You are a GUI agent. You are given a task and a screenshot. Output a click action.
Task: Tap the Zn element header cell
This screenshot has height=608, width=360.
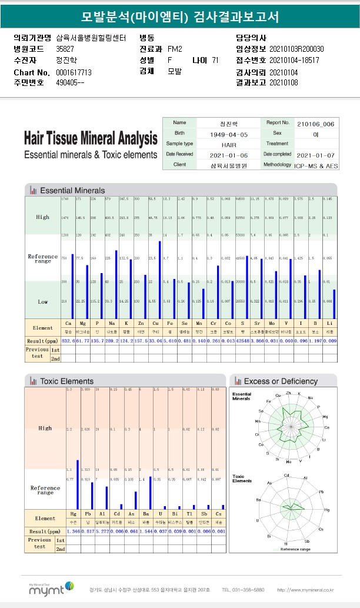[138, 324]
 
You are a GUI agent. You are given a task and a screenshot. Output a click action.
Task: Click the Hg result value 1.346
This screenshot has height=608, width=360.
[73, 531]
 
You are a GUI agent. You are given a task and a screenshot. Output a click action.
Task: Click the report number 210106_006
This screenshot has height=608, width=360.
[315, 124]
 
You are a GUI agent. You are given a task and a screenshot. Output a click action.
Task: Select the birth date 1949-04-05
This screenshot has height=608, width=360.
[229, 134]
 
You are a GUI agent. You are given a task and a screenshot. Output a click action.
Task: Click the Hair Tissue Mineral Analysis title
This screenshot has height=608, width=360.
[91, 139]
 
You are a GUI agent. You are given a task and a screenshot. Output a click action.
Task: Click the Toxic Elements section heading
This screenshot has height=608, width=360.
[66, 381]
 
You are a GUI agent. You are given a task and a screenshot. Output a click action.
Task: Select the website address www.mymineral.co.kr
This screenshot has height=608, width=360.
[305, 589]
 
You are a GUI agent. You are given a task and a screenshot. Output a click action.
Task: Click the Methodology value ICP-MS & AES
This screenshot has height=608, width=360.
[316, 165]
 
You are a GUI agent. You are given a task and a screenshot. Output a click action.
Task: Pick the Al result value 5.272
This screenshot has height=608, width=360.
[102, 531]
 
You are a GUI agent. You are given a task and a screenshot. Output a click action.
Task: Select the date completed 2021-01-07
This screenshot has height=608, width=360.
[316, 154]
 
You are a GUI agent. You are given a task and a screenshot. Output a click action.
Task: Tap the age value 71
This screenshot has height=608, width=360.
[215, 61]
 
